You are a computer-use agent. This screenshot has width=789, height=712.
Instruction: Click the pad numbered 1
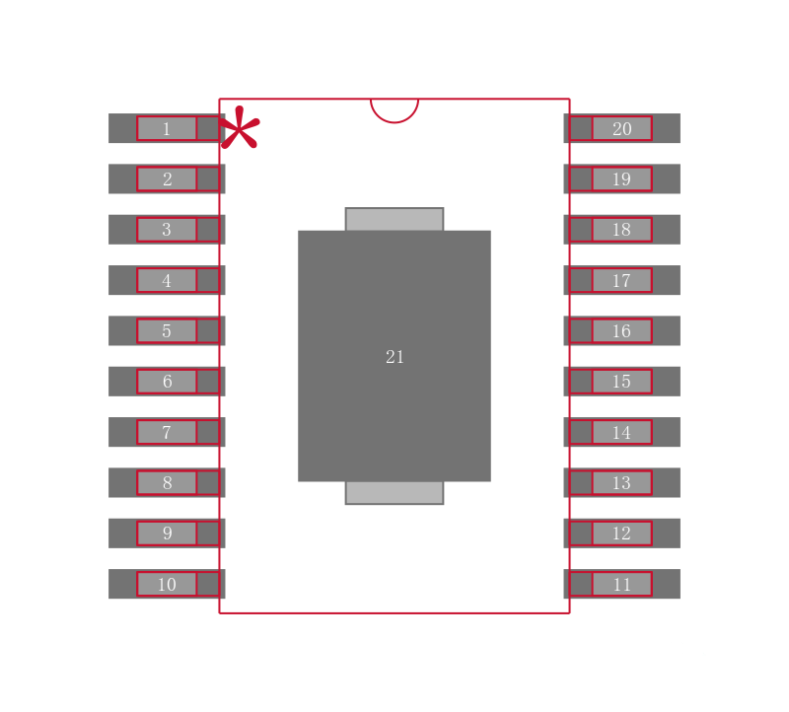click(167, 128)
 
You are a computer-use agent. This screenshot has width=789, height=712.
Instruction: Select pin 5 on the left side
click(167, 330)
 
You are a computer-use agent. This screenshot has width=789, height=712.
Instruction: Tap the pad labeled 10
click(167, 584)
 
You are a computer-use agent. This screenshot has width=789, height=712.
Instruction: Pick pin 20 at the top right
click(622, 128)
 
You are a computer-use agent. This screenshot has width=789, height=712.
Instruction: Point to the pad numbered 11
click(622, 584)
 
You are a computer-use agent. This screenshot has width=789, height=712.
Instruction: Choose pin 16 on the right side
click(622, 330)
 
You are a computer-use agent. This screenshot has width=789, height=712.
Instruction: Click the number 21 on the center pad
click(394, 357)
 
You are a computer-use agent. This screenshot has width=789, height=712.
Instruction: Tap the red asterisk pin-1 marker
click(240, 127)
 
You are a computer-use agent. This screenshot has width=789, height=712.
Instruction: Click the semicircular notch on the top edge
click(394, 122)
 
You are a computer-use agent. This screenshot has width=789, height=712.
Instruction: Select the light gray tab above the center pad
click(394, 219)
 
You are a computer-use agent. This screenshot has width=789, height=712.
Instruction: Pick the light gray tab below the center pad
click(394, 493)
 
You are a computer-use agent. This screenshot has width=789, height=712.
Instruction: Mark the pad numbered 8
click(167, 482)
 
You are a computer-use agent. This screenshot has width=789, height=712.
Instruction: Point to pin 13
click(622, 482)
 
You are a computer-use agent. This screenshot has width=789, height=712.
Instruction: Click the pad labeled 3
click(167, 230)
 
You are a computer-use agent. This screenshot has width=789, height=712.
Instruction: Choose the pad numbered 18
click(622, 230)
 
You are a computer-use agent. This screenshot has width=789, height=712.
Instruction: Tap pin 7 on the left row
click(167, 432)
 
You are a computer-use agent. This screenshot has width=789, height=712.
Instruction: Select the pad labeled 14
click(622, 432)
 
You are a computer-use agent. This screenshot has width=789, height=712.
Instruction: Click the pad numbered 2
click(167, 178)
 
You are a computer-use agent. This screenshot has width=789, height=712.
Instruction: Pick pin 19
click(622, 178)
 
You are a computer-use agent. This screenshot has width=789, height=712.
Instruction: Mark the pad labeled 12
click(622, 533)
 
